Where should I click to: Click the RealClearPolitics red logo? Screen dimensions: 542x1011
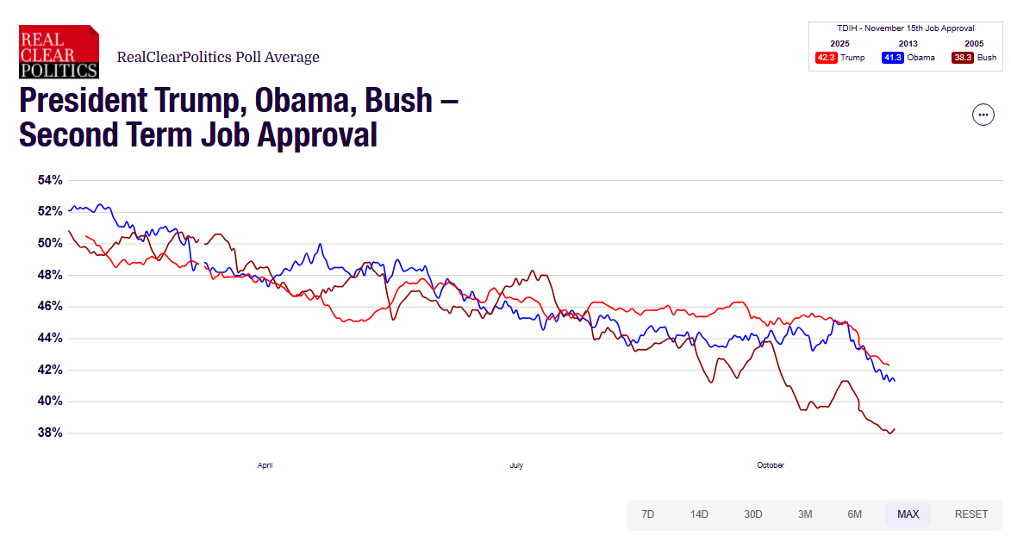tap(59, 52)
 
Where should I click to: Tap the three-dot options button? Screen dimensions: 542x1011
tap(983, 114)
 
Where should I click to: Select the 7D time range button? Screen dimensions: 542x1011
tap(647, 514)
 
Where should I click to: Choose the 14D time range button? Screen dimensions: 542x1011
tap(699, 514)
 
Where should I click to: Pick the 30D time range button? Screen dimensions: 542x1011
tap(753, 514)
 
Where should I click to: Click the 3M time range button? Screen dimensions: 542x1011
tap(805, 514)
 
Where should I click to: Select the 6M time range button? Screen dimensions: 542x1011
tap(854, 514)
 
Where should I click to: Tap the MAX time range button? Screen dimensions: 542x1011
tap(908, 514)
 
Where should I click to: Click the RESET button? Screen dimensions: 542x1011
tap(971, 514)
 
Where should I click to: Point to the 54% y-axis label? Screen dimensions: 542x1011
tap(50, 180)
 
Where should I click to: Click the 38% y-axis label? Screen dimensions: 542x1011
tap(50, 433)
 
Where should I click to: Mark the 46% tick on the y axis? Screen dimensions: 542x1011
tap(50, 306)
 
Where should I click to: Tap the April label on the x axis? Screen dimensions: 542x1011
tap(265, 465)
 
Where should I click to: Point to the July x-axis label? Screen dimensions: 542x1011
tap(516, 465)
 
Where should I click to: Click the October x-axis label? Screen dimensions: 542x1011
tap(771, 465)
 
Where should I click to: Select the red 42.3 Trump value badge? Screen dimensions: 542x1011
tap(827, 58)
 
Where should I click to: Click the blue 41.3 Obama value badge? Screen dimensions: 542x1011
tap(892, 58)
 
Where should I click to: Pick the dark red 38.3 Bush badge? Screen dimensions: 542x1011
tap(962, 58)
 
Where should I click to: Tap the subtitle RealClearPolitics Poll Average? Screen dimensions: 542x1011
tap(218, 58)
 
